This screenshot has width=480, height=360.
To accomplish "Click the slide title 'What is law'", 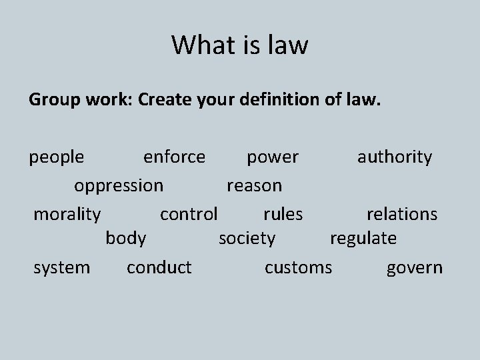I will (240, 45).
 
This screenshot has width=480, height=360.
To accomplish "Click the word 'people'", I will (57, 157).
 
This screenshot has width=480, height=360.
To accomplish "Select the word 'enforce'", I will (175, 157).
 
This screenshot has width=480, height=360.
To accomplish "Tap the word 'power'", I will (273, 157).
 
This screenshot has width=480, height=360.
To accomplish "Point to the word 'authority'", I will (395, 157).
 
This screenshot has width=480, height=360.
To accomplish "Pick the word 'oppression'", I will (119, 185).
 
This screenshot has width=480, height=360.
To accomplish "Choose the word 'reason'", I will (254, 185).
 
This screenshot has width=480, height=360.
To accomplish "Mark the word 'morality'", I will (67, 214).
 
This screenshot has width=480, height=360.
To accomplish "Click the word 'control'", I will (189, 214).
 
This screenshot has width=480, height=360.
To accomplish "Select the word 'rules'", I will (283, 214).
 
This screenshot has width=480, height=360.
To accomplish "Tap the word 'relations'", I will (402, 214).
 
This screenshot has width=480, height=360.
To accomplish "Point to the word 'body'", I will (126, 238).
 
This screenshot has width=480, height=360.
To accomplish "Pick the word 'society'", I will (247, 238).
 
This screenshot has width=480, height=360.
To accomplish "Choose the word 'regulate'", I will (363, 238).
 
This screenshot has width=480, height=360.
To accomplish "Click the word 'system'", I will (61, 268).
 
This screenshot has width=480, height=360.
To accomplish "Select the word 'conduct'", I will (159, 268).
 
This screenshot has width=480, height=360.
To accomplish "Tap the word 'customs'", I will (298, 268).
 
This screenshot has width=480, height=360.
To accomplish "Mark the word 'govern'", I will (415, 268).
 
